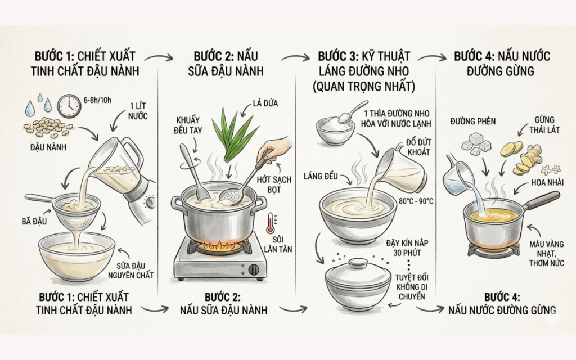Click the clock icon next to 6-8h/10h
[x=69, y=106]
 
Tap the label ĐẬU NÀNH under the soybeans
[x=48, y=147]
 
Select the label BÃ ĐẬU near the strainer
[x=34, y=221]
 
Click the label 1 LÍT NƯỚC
[x=138, y=111]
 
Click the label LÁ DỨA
[x=265, y=103]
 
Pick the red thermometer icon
[x=271, y=223]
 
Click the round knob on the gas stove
[x=254, y=269]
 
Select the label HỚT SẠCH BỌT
[x=274, y=184]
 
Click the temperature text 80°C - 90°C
[x=416, y=201]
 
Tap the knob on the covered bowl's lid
[x=358, y=263]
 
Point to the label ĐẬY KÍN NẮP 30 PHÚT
[x=407, y=248]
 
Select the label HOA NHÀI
[x=547, y=183]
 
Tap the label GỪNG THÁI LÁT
[x=544, y=125]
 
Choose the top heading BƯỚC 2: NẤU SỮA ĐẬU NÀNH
[x=226, y=64]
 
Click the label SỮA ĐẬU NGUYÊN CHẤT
[x=131, y=271]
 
